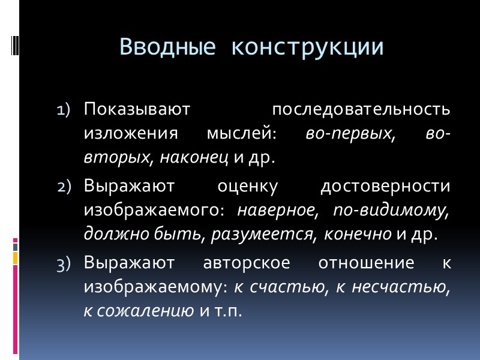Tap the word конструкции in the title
click(x=308, y=46)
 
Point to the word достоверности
click(x=385, y=186)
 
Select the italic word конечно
click(x=358, y=234)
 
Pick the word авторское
click(x=239, y=262)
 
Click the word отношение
click(x=359, y=262)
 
